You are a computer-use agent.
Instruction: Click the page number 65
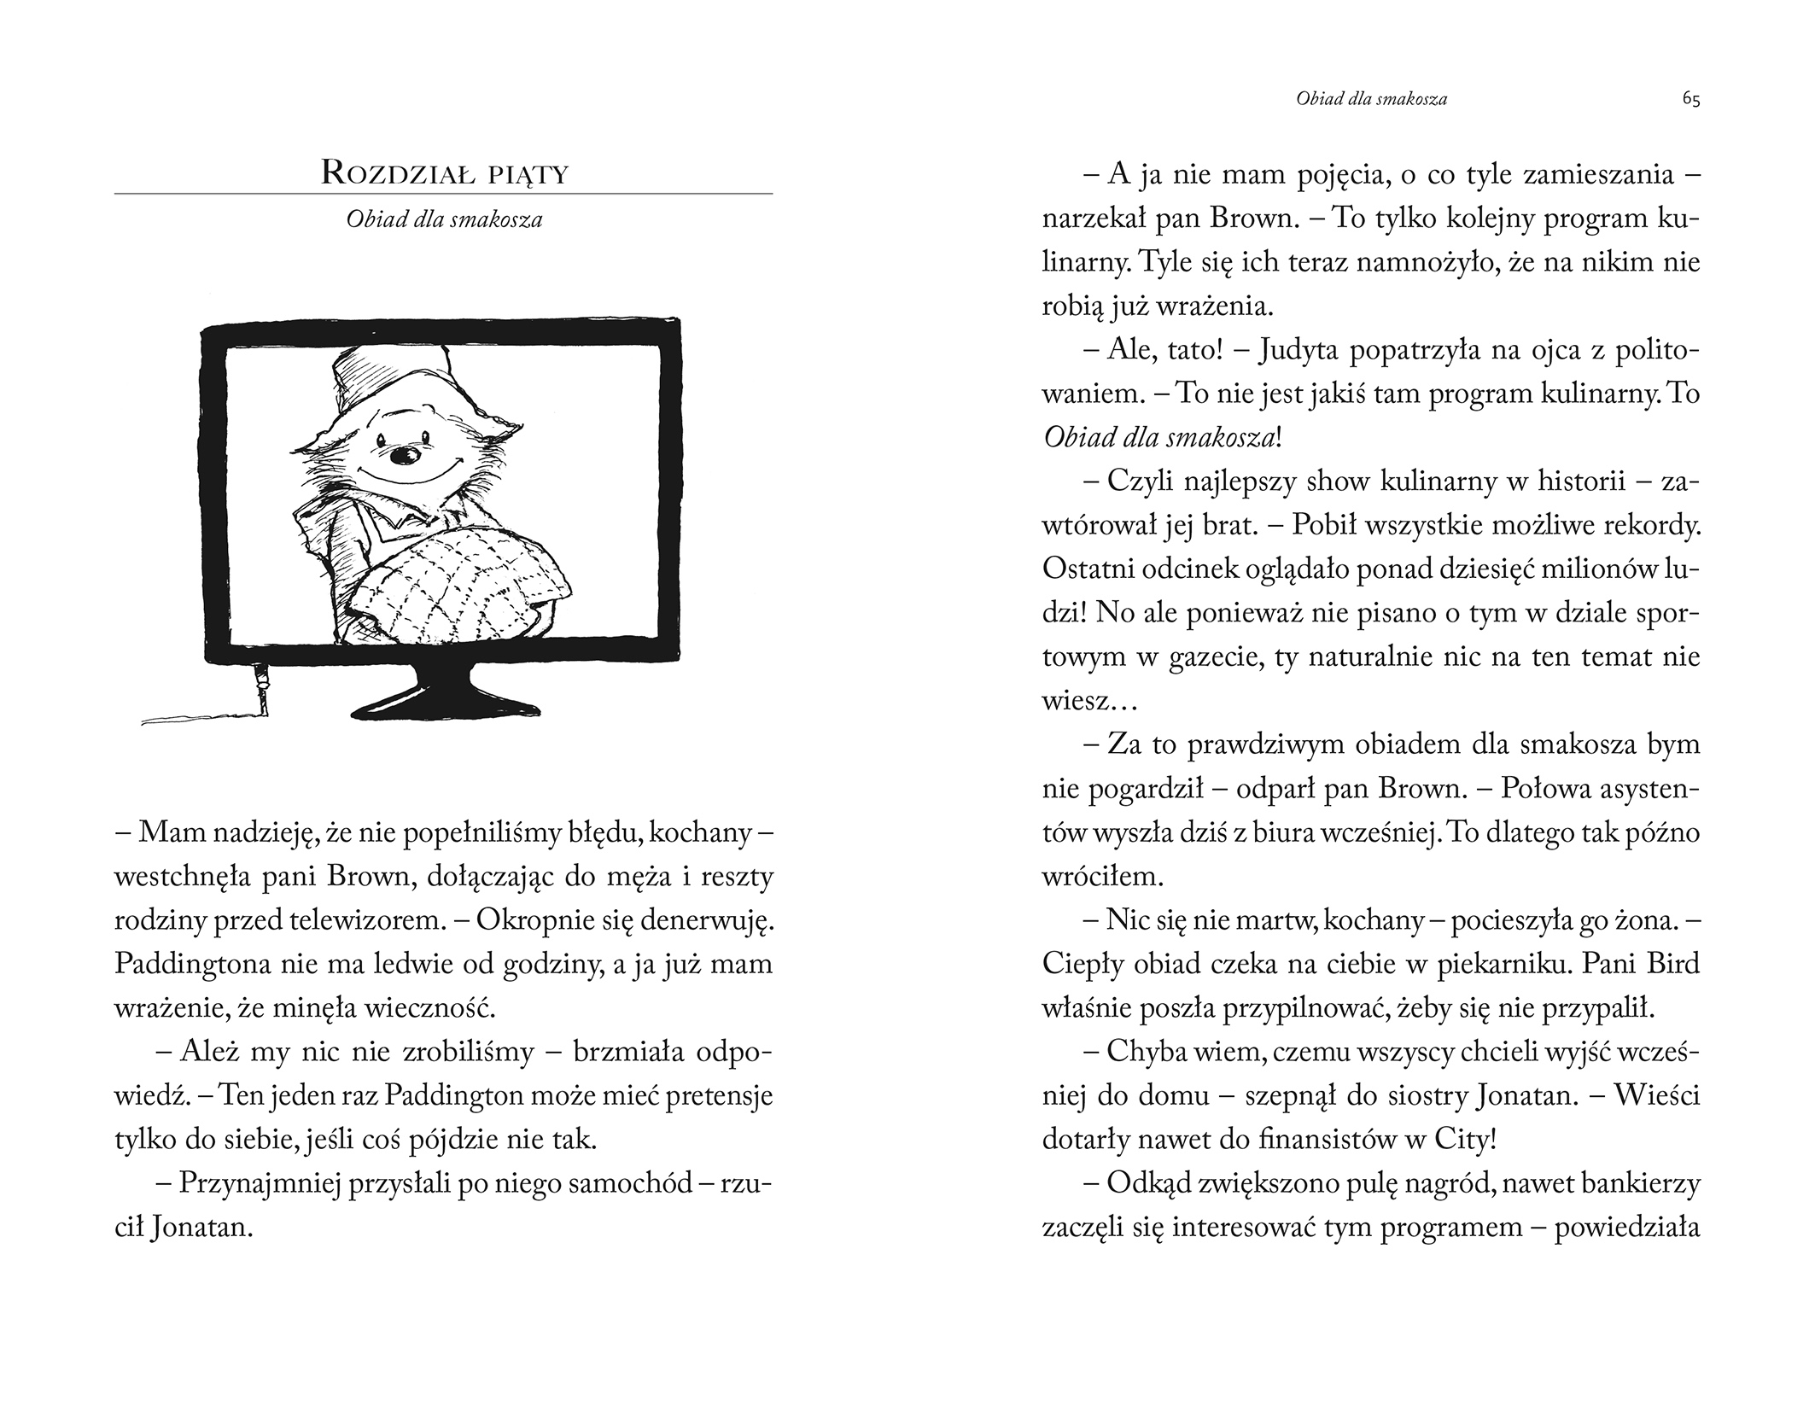1691,100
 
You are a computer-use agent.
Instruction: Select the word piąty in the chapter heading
529,174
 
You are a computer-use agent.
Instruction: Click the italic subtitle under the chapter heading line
444,219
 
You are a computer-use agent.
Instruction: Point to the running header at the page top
1371,99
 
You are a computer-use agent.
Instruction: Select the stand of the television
443,691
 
